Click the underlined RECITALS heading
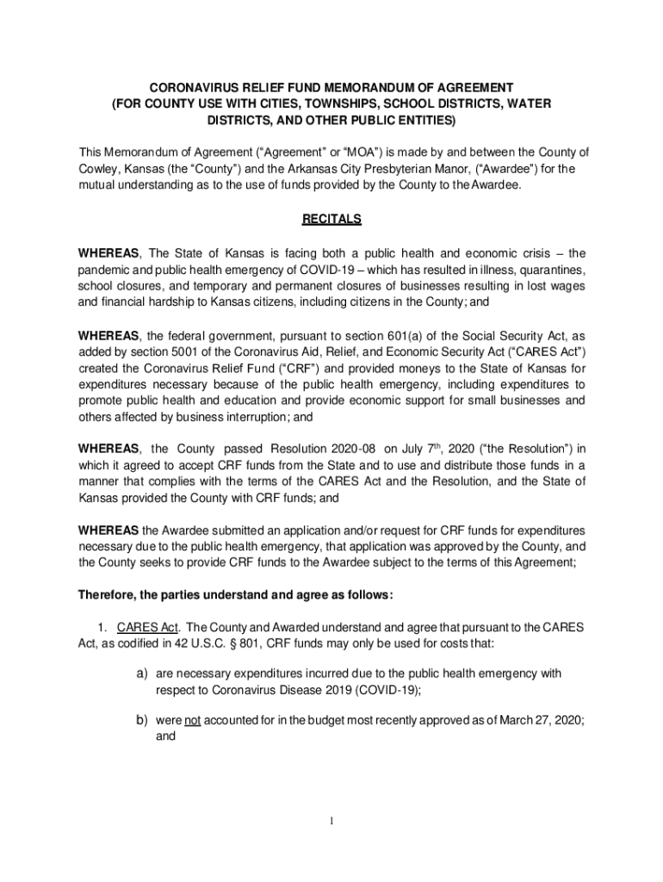(x=331, y=220)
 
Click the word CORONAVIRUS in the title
(x=189, y=88)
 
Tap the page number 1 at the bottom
(x=331, y=821)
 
